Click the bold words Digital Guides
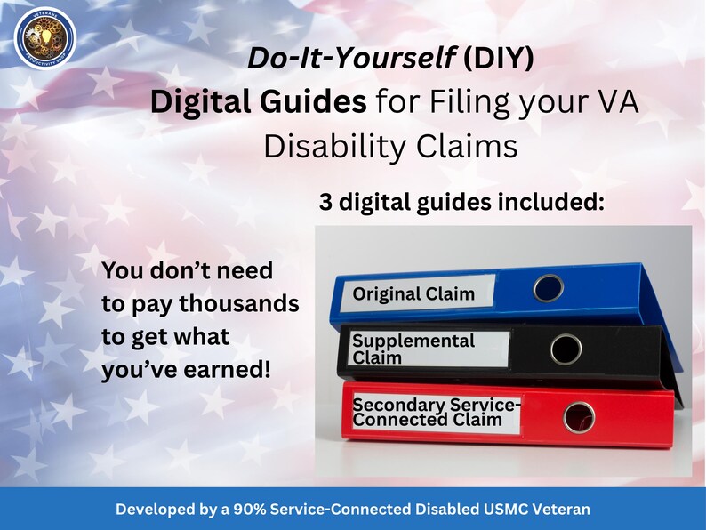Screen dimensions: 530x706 258,102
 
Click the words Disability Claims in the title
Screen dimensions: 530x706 390,145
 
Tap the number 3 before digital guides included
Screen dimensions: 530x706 326,203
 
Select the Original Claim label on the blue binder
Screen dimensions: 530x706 413,293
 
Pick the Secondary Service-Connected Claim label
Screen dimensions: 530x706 436,412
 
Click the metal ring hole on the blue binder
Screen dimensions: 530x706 550,287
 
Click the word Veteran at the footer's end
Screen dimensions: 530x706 560,510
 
